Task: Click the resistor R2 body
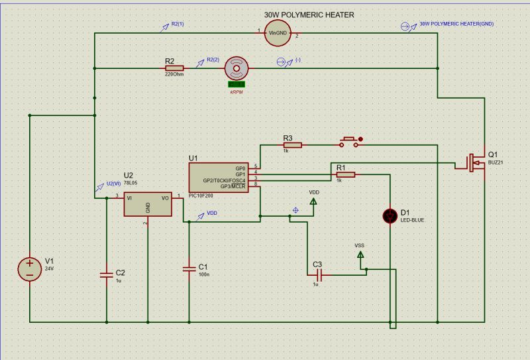(x=174, y=68)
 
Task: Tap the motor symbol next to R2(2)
(x=237, y=68)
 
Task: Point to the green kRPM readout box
(x=237, y=84)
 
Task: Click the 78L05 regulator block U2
(x=146, y=205)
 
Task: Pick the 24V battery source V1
(x=30, y=269)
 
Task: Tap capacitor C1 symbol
(x=189, y=268)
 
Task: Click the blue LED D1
(x=391, y=215)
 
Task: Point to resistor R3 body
(x=293, y=145)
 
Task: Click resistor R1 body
(x=345, y=174)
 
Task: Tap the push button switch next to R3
(x=350, y=142)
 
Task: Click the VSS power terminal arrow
(x=360, y=253)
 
